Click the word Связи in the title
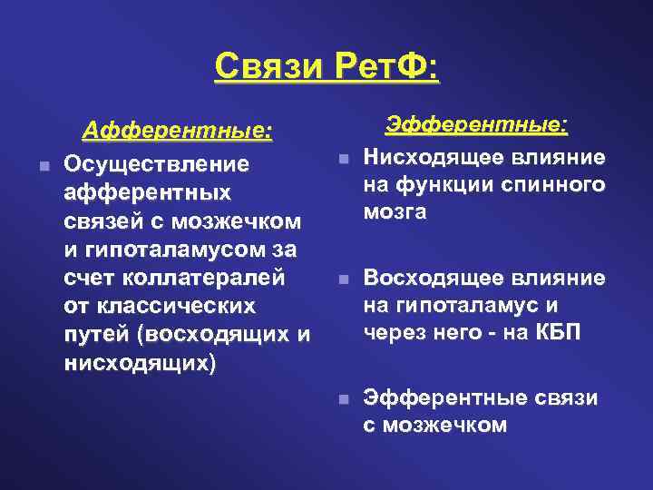pyautogui.click(x=270, y=67)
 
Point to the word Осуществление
pyautogui.click(x=156, y=166)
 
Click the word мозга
pyautogui.click(x=395, y=213)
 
